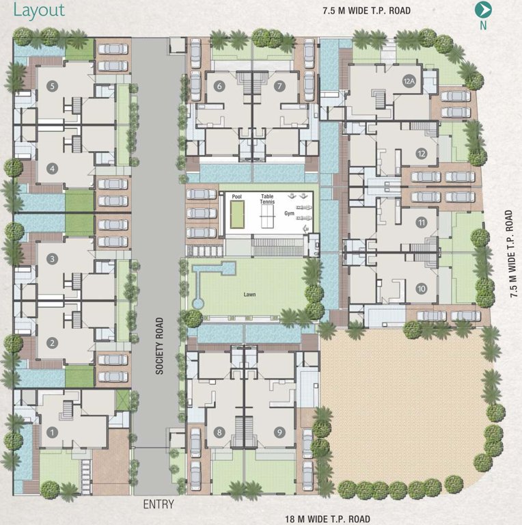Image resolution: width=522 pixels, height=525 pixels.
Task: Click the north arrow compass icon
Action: pyautogui.click(x=484, y=10)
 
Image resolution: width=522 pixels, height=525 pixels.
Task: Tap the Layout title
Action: pyautogui.click(x=39, y=10)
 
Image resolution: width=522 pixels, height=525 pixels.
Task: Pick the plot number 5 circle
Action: pyautogui.click(x=53, y=86)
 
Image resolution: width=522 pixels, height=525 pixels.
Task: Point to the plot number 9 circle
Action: pyautogui.click(x=279, y=432)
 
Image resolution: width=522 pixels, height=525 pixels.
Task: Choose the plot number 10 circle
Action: pyautogui.click(x=421, y=289)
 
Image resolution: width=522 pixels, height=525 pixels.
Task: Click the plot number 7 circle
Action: pyautogui.click(x=279, y=87)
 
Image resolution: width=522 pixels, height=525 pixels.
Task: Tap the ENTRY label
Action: pyautogui.click(x=159, y=504)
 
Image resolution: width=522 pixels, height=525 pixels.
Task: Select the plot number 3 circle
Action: pyautogui.click(x=53, y=259)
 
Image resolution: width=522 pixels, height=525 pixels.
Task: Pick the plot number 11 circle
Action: pyautogui.click(x=422, y=222)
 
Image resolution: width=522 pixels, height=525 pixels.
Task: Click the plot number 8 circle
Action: pyautogui.click(x=219, y=432)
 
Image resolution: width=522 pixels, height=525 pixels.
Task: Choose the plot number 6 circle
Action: pyautogui.click(x=219, y=87)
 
